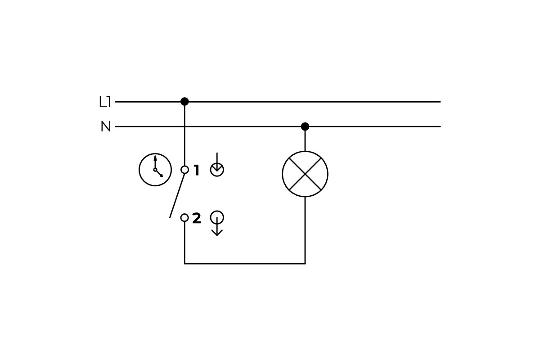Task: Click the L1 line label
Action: click(x=105, y=102)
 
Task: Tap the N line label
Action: click(x=106, y=127)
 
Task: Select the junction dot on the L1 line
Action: click(x=184, y=102)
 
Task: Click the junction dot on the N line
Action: click(x=305, y=126)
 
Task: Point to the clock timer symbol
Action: click(x=155, y=170)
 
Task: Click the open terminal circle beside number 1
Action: click(x=184, y=170)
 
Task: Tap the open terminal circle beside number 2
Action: click(x=184, y=218)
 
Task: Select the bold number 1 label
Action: click(x=196, y=171)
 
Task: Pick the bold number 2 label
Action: click(x=197, y=218)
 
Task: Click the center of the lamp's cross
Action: click(x=305, y=174)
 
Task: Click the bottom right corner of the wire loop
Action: click(x=305, y=263)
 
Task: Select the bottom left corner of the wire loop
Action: click(x=184, y=263)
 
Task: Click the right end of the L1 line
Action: click(x=439, y=102)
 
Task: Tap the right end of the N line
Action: click(x=439, y=126)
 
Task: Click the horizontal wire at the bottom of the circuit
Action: click(x=245, y=263)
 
